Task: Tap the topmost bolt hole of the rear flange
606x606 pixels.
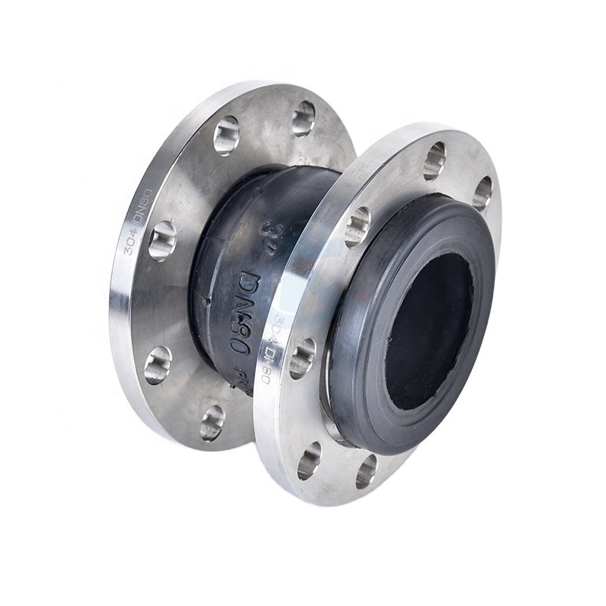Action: (x=303, y=118)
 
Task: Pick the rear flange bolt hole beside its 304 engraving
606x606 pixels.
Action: (x=161, y=241)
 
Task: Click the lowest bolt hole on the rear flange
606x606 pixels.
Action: (x=212, y=422)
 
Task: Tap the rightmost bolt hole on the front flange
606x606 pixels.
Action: (x=482, y=192)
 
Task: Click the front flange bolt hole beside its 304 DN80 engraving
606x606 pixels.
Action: (x=301, y=358)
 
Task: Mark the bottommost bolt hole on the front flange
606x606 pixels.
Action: (x=366, y=470)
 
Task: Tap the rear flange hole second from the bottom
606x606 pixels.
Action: (x=158, y=365)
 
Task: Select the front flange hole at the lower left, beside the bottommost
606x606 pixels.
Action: (x=309, y=460)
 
